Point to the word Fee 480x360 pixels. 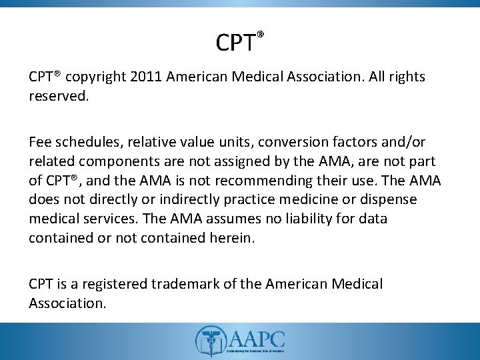tap(40, 143)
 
